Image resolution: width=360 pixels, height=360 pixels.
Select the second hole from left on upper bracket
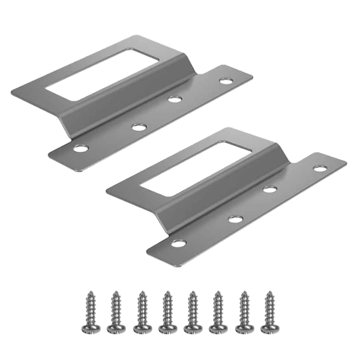[x=139, y=127]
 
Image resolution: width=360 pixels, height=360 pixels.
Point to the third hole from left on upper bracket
[x=175, y=98]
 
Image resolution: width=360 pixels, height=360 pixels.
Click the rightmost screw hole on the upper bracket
[x=226, y=80]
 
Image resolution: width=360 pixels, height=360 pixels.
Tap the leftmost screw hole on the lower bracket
[x=178, y=243]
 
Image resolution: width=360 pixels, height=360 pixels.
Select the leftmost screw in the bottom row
[x=89, y=312]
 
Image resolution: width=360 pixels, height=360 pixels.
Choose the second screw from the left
[x=115, y=312]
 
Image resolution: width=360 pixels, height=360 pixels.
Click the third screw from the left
[x=140, y=312]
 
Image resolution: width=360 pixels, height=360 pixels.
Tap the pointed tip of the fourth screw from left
[x=166, y=293]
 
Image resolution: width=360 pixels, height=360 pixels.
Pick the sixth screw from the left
[x=217, y=312]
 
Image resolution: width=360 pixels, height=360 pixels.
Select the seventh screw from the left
[x=243, y=312]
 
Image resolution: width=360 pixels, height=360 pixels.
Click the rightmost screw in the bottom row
[x=268, y=312]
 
